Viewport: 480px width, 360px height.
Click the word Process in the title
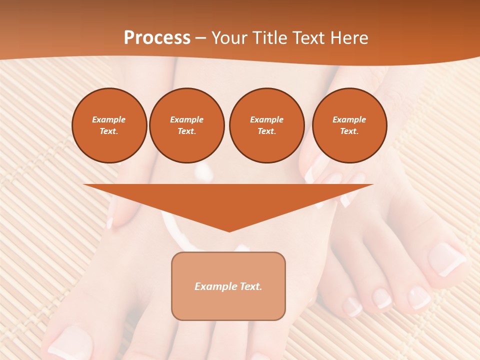(157, 38)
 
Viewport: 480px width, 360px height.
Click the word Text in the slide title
(308, 38)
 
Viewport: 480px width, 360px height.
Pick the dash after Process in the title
(200, 38)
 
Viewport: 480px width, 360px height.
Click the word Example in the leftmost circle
(109, 120)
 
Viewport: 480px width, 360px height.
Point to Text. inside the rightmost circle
(349, 131)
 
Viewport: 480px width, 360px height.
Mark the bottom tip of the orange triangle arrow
(229, 231)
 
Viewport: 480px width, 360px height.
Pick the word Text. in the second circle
(186, 131)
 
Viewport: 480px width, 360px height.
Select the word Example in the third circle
(266, 120)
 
